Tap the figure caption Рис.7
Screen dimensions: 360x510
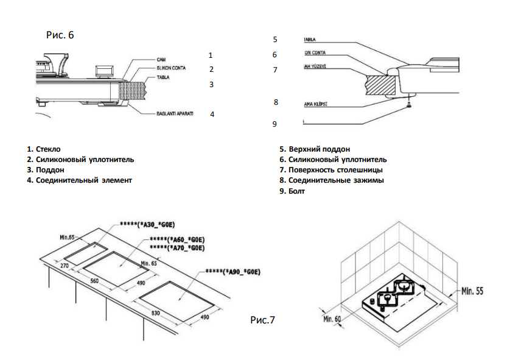[x=263, y=319]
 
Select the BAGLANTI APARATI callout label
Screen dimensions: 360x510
[x=175, y=114]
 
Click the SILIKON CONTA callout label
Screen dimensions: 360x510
[x=172, y=68]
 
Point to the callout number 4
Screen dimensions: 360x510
[x=212, y=114]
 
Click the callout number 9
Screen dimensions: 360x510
[x=274, y=124]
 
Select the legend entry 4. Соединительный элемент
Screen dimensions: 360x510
[x=79, y=180]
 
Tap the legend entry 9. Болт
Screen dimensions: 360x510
[x=292, y=191]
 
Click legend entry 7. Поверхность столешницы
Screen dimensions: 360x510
[x=331, y=170]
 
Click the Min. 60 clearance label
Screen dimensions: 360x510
[x=332, y=319]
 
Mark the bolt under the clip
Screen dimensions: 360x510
[x=411, y=105]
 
